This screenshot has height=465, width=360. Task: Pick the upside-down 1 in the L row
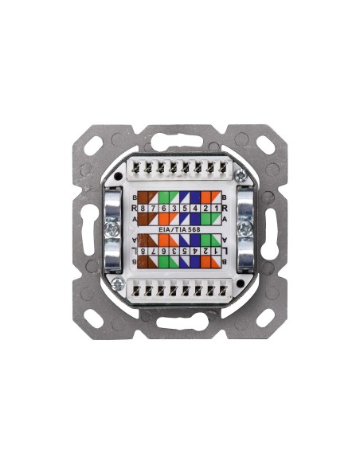(205, 251)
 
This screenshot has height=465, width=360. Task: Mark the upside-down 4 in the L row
(195, 251)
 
